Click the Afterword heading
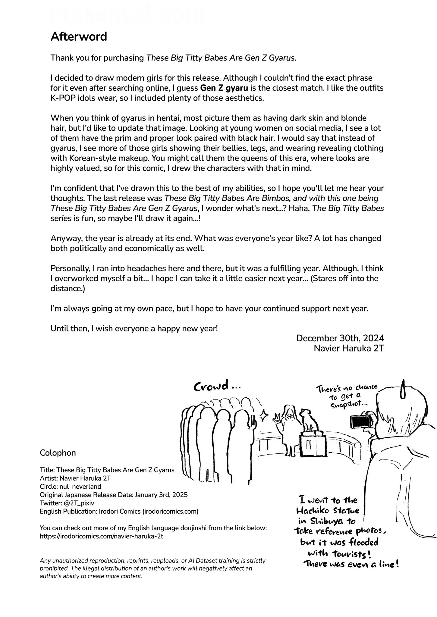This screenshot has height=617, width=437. pyautogui.click(x=79, y=36)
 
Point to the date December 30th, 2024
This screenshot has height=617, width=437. pyautogui.click(x=340, y=338)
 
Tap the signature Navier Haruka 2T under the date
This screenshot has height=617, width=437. pyautogui.click(x=349, y=348)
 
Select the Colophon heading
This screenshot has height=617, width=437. pyautogui.click(x=58, y=453)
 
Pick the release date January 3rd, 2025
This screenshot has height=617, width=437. pyautogui.click(x=161, y=495)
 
